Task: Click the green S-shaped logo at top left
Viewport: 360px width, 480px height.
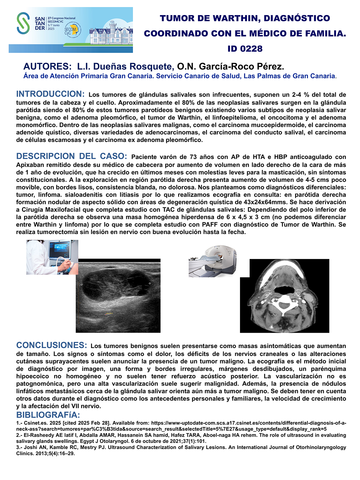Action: pos(23,23)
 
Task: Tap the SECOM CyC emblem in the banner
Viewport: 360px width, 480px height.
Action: pos(71,30)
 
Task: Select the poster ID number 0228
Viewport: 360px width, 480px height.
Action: pos(245,49)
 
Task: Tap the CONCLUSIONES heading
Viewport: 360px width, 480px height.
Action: pos(52,345)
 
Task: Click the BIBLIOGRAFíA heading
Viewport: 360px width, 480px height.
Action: pos(48,415)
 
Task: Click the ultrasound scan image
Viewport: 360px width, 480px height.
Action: pos(118,296)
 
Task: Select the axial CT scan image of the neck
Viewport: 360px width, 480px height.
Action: pos(284,296)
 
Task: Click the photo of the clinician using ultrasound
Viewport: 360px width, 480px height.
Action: pos(52,257)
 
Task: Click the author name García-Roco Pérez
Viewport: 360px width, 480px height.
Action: pos(230,67)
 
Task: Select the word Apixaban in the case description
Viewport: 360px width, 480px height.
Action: pos(31,165)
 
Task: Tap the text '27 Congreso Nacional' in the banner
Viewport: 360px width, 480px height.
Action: pos(61,18)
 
